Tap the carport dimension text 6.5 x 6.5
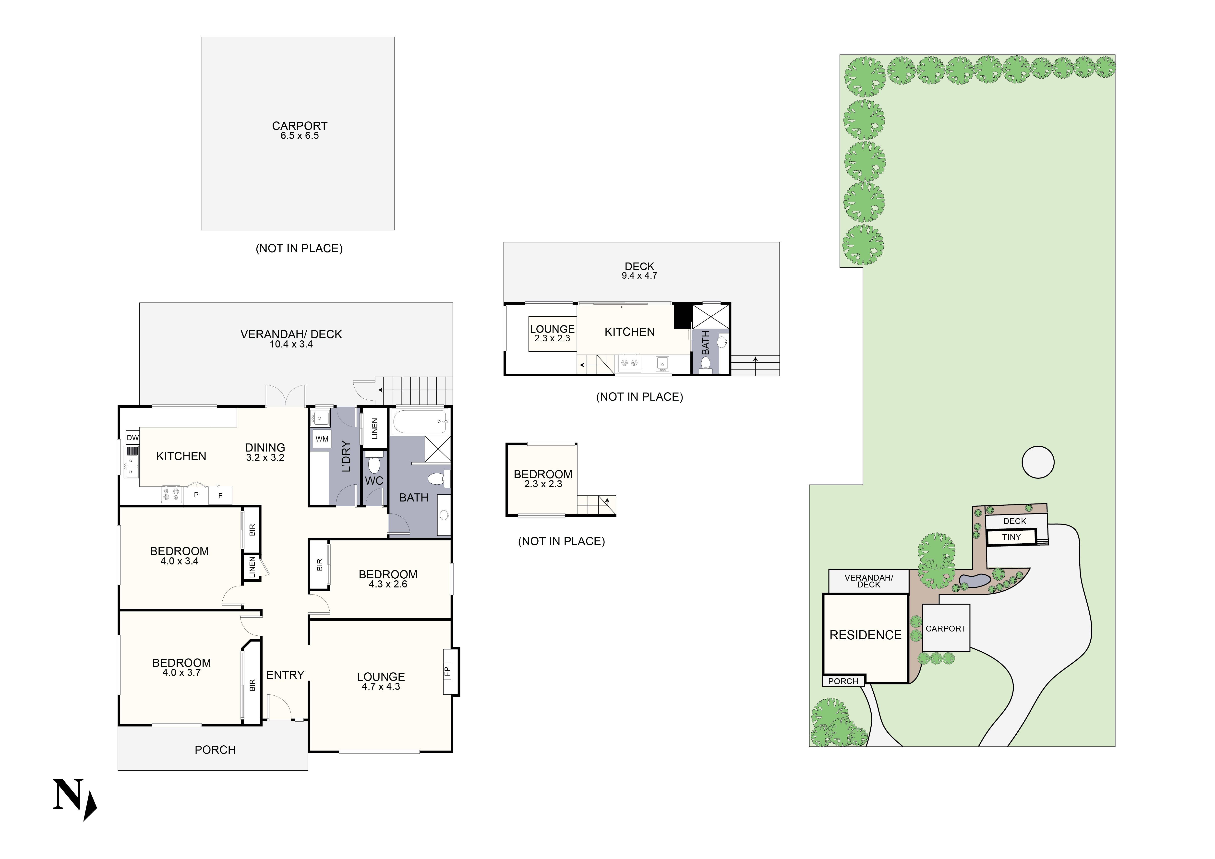(x=300, y=136)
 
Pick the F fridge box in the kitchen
(x=220, y=496)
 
